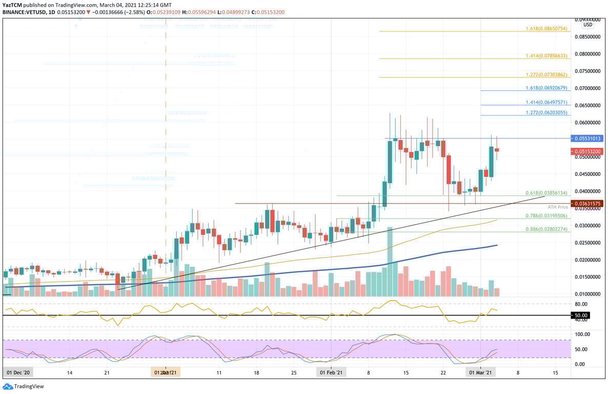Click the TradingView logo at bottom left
click(23, 386)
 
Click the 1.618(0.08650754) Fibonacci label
click(546, 29)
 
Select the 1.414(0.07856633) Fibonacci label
click(546, 56)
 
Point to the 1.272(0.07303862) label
click(546, 75)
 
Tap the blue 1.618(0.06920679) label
click(546, 88)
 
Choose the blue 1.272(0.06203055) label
click(546, 112)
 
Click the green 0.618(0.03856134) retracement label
click(546, 193)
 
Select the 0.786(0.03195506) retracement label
click(546, 216)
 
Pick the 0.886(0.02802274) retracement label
click(546, 229)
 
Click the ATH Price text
click(559, 207)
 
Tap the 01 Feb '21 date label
click(331, 372)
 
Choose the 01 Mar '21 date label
click(481, 372)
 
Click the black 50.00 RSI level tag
click(581, 315)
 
